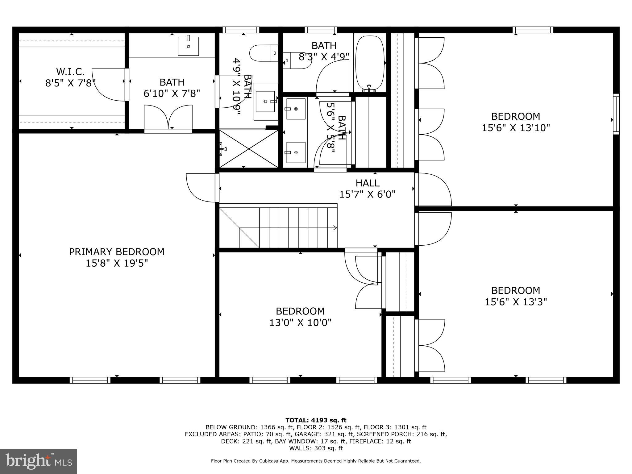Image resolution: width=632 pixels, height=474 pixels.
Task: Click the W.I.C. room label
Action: coord(70,72)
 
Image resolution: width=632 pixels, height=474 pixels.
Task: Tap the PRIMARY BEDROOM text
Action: coord(116,252)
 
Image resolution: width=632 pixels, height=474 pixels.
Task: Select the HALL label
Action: coord(367,183)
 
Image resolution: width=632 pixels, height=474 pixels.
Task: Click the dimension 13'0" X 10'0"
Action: coord(300,323)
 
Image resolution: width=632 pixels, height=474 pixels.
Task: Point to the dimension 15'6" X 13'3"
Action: coord(516,302)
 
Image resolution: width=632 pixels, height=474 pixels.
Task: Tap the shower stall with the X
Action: coord(249,149)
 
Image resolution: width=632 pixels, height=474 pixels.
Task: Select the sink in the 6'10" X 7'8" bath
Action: coord(188,46)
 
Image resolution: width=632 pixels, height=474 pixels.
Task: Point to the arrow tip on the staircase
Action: coord(335,228)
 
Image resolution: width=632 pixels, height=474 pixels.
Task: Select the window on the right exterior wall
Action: coord(616,114)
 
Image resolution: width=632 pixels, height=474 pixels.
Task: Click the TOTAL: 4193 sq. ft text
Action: coord(316,420)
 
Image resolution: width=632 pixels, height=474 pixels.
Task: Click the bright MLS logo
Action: coord(38,461)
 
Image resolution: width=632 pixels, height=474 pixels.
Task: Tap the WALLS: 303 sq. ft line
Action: coord(316,448)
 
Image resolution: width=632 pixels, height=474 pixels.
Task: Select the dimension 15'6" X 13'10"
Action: coord(516,128)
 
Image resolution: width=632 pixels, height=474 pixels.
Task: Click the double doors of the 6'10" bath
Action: coord(168,117)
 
